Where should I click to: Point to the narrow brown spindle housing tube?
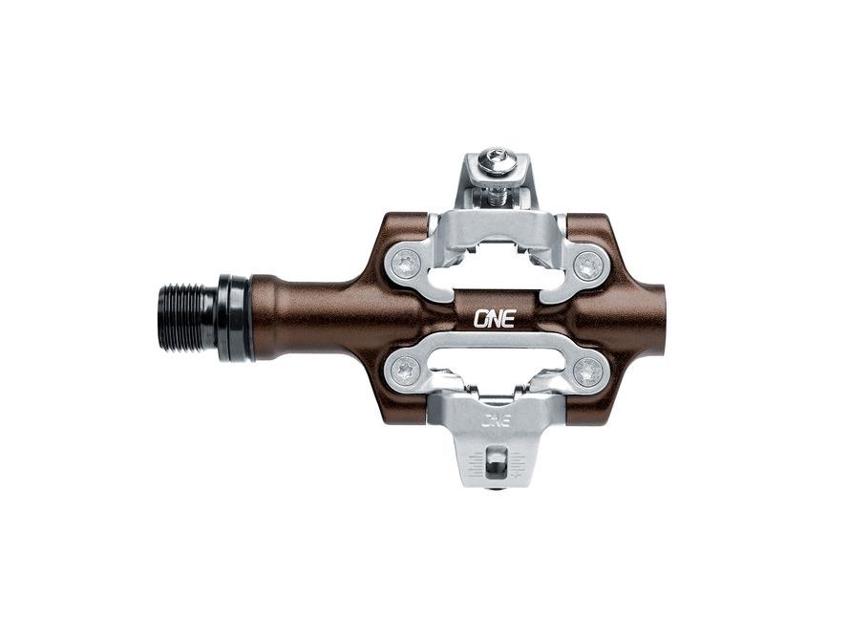pyautogui.click(x=306, y=315)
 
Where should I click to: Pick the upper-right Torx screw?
pyautogui.click(x=585, y=264)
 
